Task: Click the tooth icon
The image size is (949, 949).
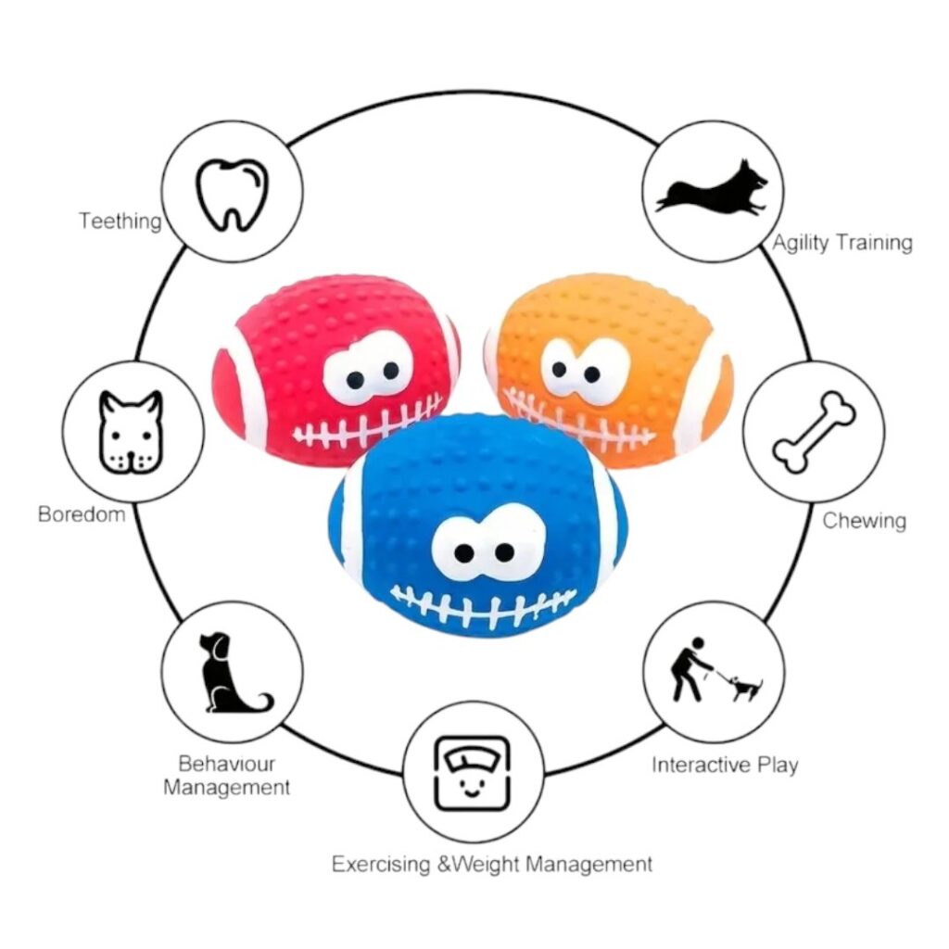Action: coord(231,193)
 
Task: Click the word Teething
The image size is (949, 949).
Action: coord(120,221)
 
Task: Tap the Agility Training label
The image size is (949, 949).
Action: coord(842,243)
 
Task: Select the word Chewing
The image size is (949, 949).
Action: coord(864,520)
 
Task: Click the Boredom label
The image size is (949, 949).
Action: coord(82,513)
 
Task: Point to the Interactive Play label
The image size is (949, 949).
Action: coord(725,765)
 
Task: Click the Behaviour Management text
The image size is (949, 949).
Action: coord(227,776)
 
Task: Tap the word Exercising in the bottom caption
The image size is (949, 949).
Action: coord(381,865)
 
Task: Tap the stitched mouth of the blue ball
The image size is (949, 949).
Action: coord(484,606)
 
